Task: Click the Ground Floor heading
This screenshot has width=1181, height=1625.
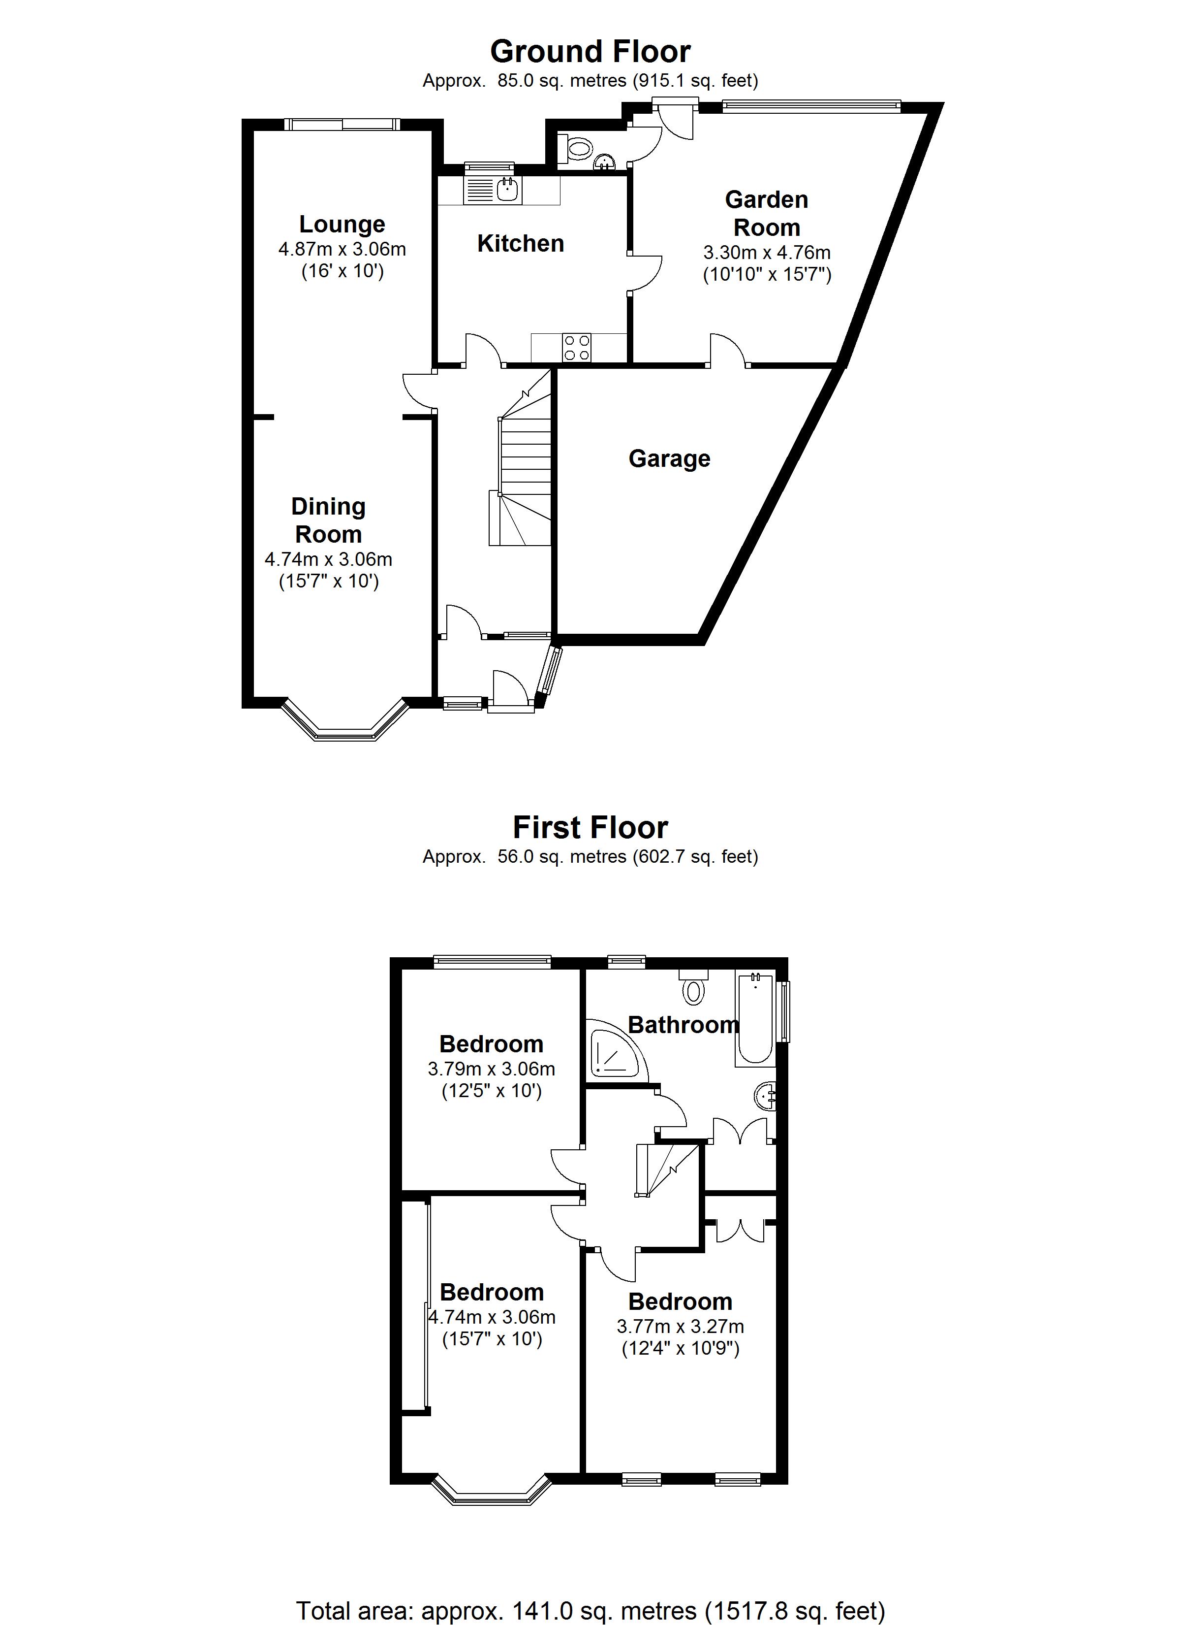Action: click(x=590, y=52)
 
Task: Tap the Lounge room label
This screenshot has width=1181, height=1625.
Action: click(x=342, y=224)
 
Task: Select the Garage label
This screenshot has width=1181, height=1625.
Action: click(x=669, y=458)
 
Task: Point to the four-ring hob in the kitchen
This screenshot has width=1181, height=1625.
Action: click(x=577, y=348)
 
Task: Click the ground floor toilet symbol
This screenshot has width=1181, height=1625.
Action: click(x=578, y=150)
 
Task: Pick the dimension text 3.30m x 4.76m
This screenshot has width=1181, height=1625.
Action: click(x=766, y=252)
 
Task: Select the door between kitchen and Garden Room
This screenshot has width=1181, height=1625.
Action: click(x=645, y=272)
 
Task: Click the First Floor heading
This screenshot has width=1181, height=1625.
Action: click(x=590, y=828)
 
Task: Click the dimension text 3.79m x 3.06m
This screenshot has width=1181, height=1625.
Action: click(x=491, y=1069)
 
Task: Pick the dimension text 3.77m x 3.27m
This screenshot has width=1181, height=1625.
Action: click(x=680, y=1326)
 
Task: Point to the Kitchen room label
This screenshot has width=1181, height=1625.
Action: click(x=521, y=244)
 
